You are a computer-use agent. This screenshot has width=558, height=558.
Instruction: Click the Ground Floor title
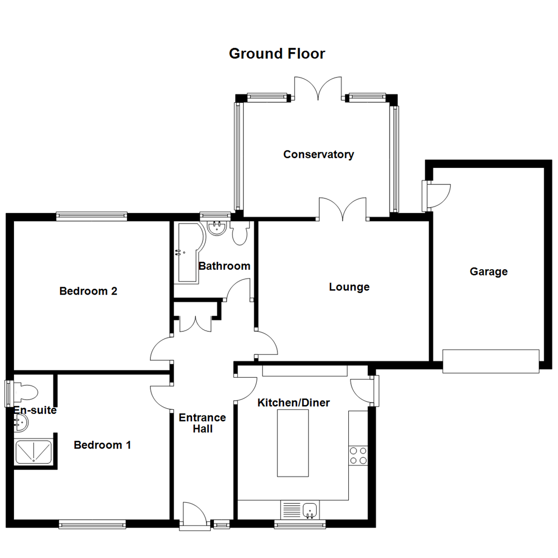click(277, 54)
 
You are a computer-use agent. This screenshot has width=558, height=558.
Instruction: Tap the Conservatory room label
click(318, 154)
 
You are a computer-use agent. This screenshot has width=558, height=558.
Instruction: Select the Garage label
click(489, 272)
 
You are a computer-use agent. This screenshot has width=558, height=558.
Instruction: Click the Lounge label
click(349, 287)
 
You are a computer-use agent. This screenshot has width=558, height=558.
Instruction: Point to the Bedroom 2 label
click(88, 291)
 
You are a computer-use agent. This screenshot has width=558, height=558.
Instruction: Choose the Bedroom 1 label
click(102, 445)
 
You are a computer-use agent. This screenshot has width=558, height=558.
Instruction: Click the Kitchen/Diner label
click(293, 402)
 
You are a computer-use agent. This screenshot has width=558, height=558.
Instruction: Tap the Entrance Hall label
click(203, 423)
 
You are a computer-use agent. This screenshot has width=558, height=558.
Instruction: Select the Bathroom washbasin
click(216, 228)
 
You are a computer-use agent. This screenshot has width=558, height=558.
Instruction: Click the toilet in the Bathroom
click(240, 233)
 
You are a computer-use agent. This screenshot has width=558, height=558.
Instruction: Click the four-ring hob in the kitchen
click(358, 456)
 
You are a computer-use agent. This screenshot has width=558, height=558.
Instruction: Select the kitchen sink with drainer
click(300, 509)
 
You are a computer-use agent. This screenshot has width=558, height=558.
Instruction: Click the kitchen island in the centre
click(293, 443)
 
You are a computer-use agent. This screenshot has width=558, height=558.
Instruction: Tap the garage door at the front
click(491, 361)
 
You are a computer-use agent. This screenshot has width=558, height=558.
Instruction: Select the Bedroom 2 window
click(92, 216)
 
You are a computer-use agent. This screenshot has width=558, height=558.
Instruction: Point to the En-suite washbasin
click(21, 423)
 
